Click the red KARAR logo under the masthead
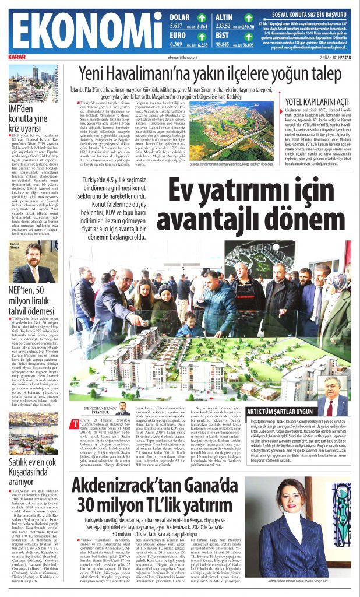[x=17, y=57]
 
